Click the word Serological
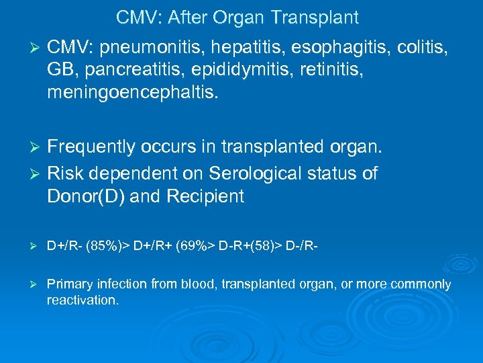pos(259,174)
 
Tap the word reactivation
pos(82,300)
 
